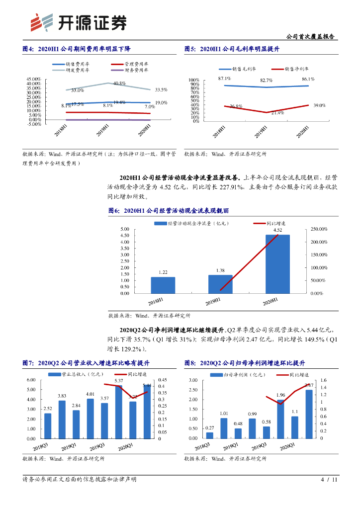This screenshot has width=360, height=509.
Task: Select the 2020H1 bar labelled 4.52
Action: [277, 264]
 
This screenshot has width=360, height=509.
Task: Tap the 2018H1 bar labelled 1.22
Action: [163, 285]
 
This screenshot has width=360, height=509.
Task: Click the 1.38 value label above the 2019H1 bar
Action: [220, 270]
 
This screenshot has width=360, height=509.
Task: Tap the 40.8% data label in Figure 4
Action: [119, 84]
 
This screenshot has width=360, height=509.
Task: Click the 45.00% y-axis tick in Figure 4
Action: [34, 80]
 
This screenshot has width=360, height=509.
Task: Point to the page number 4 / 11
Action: [329, 480]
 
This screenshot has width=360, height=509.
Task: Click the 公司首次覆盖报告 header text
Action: [311, 37]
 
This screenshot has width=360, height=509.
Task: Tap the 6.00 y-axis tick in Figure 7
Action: [31, 380]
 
